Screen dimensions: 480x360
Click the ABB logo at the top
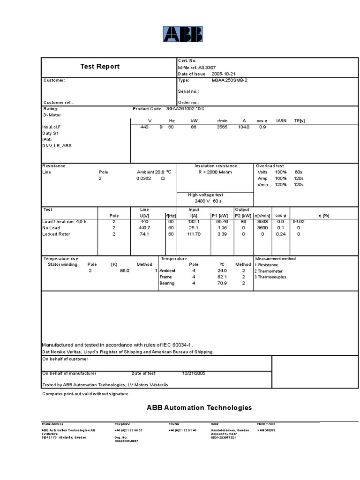click(183, 34)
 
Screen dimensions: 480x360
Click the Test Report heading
click(100, 67)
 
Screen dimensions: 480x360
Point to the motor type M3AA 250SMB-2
click(229, 80)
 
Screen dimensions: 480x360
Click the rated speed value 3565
click(222, 127)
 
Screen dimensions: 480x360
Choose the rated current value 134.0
click(244, 127)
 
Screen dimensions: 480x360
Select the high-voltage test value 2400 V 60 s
click(204, 201)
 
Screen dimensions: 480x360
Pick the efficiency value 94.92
click(299, 222)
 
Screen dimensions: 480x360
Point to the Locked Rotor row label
click(56, 234)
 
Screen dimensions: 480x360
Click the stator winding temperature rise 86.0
click(124, 271)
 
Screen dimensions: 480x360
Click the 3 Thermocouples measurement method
click(270, 277)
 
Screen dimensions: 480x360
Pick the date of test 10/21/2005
click(194, 374)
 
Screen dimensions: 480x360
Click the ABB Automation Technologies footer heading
click(199, 408)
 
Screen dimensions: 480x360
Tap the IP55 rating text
click(47, 139)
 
